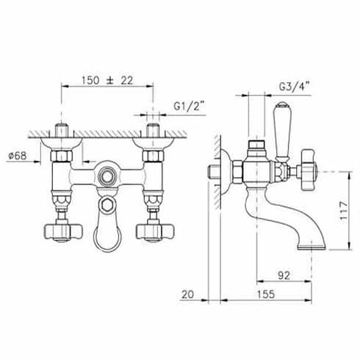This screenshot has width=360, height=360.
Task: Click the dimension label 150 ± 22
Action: tap(107, 80)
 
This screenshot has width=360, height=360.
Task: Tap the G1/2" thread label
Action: tap(189, 106)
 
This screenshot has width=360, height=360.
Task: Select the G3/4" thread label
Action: tap(294, 87)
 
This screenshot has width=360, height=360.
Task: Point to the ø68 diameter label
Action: tap(17, 156)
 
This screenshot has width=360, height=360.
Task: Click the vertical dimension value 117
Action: tap(344, 211)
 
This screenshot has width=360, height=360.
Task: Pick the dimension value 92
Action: tap(284, 276)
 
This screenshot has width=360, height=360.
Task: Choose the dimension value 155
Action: tap(266, 294)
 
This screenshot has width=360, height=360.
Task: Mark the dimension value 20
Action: tap(187, 294)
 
